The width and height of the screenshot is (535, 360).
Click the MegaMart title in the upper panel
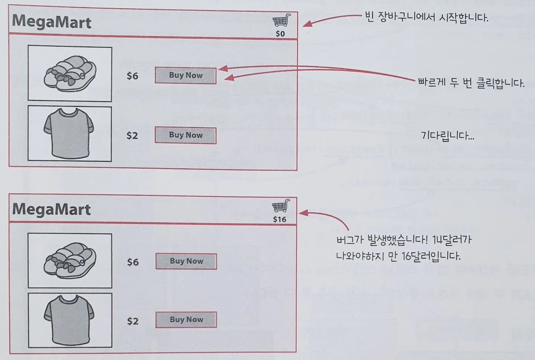point(52,22)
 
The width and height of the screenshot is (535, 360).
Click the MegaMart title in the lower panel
point(52,210)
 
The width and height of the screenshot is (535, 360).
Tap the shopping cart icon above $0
point(281,20)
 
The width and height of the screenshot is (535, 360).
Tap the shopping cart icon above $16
point(281,206)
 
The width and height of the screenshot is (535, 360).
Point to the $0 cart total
point(280,34)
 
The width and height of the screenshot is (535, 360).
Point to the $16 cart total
point(280,219)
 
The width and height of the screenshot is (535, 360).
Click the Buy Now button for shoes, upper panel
point(186,75)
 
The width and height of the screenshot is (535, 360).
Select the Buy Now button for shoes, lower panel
point(186,261)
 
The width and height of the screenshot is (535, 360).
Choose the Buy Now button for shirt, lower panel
point(186,320)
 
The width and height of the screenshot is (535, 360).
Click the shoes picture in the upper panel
point(70,74)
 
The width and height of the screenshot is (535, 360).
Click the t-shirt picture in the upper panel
point(70,133)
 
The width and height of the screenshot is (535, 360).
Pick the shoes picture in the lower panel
point(70,260)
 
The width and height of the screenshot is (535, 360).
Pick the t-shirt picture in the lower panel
point(70,320)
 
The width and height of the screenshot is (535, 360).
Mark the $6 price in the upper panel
point(132,76)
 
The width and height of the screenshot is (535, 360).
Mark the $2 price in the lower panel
point(133,321)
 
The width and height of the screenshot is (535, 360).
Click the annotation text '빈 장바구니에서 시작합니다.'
point(426,17)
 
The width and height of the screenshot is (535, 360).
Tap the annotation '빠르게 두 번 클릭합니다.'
point(471,82)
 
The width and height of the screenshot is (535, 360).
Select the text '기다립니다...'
point(447,136)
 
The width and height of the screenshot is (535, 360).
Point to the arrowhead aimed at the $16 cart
point(303,213)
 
